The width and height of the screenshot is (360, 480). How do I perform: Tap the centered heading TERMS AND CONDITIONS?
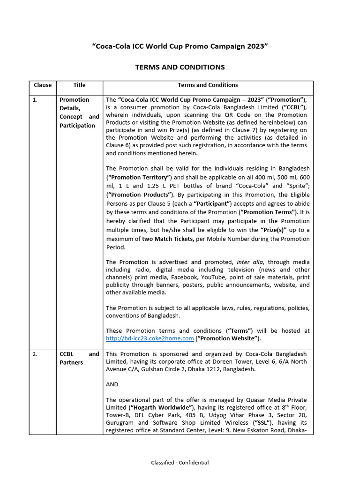coord(180,67)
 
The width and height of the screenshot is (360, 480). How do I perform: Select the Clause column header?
coord(42,85)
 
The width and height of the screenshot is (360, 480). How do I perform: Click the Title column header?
coord(80,85)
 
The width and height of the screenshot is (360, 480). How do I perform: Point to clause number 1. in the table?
coord(35,100)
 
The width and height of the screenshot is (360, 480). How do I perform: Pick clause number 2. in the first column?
coord(35,354)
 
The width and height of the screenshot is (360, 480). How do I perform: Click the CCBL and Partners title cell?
coord(79,358)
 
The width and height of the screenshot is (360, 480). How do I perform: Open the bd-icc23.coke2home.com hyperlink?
coord(150,338)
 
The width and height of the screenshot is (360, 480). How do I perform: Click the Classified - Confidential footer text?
coord(180,463)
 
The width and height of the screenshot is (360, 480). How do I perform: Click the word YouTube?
coord(210,277)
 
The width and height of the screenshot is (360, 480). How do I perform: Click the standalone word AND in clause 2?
coord(112,384)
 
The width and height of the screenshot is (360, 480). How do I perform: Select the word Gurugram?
coord(120,423)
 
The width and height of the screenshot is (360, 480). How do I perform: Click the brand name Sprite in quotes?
coord(295,186)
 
